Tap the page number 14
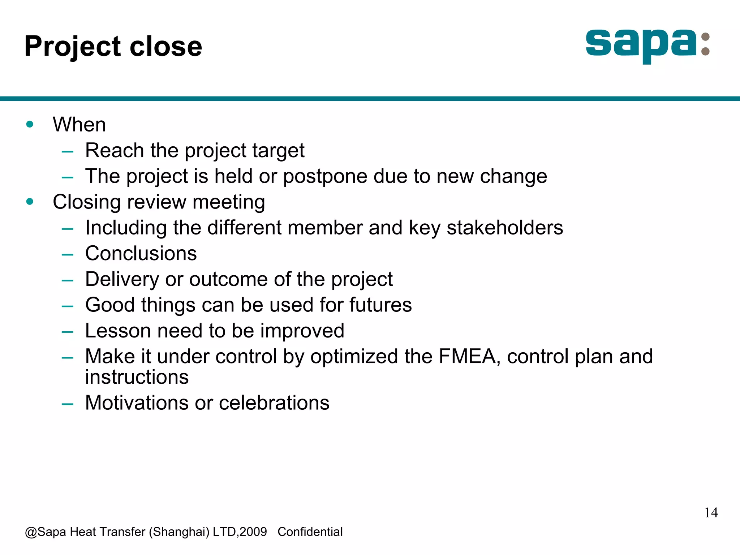[x=711, y=513]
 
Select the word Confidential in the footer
[x=310, y=532]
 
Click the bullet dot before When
[x=30, y=125]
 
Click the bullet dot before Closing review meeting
[x=30, y=202]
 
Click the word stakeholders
[x=504, y=228]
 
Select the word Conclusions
[x=141, y=254]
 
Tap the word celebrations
[x=274, y=403]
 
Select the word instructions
[x=137, y=377]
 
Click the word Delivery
[x=122, y=279]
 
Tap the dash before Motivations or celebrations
[x=68, y=404]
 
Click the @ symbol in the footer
[x=31, y=532]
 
